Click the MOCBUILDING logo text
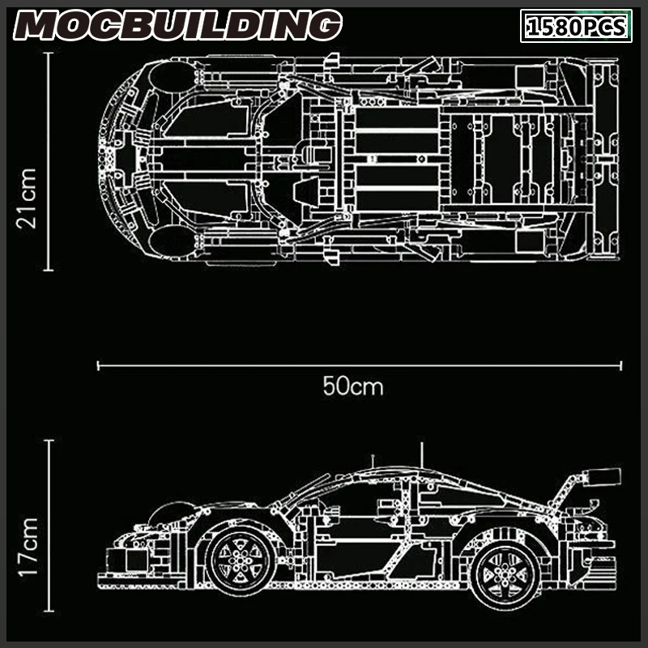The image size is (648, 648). (177, 25)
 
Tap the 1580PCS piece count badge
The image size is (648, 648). (576, 26)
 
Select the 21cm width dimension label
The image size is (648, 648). (27, 198)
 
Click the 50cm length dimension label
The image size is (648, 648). (353, 386)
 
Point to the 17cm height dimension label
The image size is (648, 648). (28, 546)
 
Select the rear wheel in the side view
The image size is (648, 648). (505, 575)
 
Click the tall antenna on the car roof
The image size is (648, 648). (421, 455)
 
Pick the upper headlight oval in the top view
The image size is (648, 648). (172, 77)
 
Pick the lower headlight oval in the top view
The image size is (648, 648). (172, 241)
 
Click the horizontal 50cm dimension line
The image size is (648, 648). (360, 365)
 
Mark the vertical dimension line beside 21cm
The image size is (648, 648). (49, 161)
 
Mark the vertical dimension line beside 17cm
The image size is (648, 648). (49, 526)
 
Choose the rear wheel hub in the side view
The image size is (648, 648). (505, 575)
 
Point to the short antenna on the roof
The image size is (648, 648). (373, 461)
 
